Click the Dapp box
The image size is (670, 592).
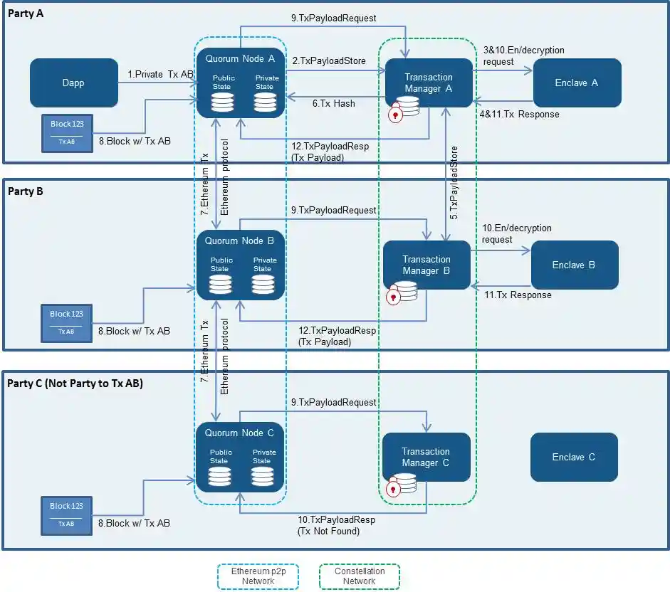point(73,83)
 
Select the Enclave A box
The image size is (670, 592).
point(577,83)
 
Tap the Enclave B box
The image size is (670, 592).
point(574,265)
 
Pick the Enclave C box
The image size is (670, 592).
point(574,457)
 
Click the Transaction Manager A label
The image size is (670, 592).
point(429,83)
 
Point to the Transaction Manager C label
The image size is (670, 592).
point(426,457)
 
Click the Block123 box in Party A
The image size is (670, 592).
point(67,132)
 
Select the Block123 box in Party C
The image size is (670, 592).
point(66,514)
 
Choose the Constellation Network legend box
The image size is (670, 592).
point(360,576)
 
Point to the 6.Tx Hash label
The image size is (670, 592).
point(333,103)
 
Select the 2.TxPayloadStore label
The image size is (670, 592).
point(328,61)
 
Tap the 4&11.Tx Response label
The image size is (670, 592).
point(518,114)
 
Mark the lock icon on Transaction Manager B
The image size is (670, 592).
point(392,297)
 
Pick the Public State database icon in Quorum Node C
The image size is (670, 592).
point(220,477)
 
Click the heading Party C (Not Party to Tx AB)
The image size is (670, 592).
point(75,384)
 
